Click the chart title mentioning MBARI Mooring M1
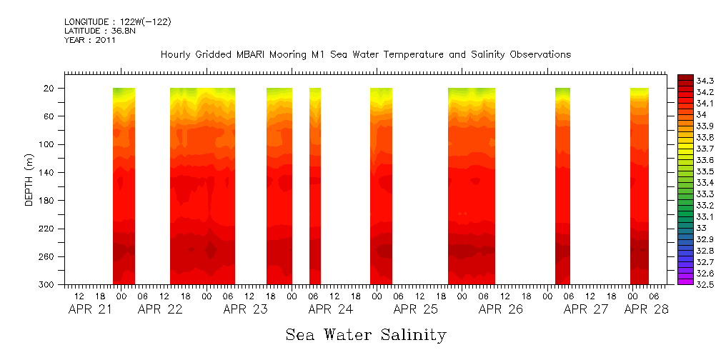click(365, 55)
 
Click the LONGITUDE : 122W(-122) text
click(117, 22)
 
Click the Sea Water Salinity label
click(365, 334)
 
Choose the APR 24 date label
click(331, 309)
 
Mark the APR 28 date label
click(646, 309)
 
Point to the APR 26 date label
click(500, 309)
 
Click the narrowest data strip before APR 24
click(315, 186)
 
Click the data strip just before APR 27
click(562, 186)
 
